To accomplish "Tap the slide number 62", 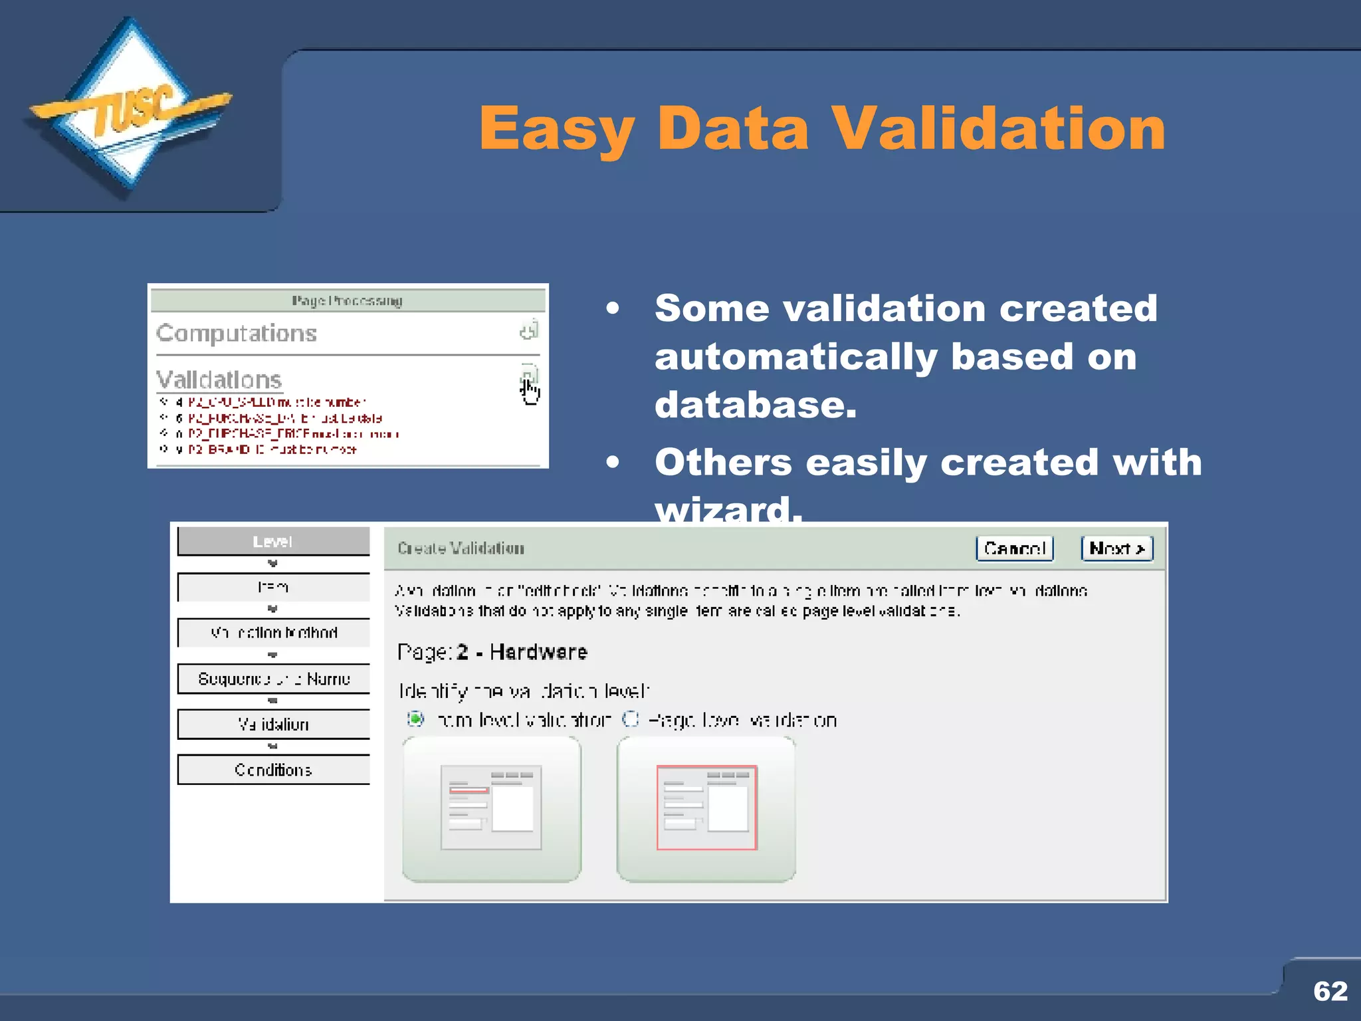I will click(x=1330, y=991).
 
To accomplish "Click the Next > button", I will click(x=1116, y=548).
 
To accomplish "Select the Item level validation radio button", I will click(x=415, y=719).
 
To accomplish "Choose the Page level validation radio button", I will click(x=630, y=719).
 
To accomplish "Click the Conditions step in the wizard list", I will click(x=273, y=770).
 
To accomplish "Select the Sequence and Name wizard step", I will click(x=273, y=679).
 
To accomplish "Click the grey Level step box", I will click(x=273, y=541).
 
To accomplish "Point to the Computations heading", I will click(x=237, y=333).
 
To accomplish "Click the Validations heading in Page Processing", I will click(x=219, y=380).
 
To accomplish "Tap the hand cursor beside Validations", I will click(x=530, y=391).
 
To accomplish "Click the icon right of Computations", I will click(x=529, y=330).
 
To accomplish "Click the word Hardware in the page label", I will click(x=538, y=652).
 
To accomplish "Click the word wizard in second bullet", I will click(x=728, y=510).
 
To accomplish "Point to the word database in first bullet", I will click(x=755, y=405).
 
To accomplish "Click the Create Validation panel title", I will click(x=461, y=548).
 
